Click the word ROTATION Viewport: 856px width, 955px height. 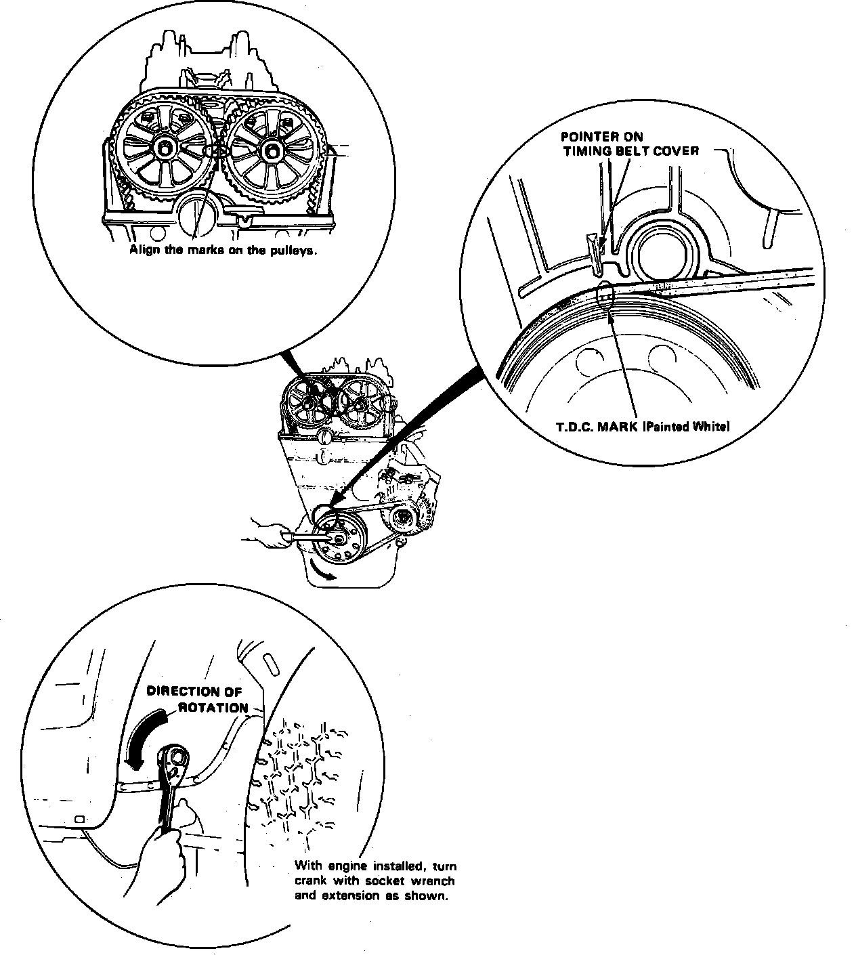[213, 707]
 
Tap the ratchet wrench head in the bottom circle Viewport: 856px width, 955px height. [175, 760]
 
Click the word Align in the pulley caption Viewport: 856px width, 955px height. [143, 250]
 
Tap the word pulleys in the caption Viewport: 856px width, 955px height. [297, 250]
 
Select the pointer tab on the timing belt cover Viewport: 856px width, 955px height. [594, 252]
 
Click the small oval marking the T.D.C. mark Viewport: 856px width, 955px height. [605, 296]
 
